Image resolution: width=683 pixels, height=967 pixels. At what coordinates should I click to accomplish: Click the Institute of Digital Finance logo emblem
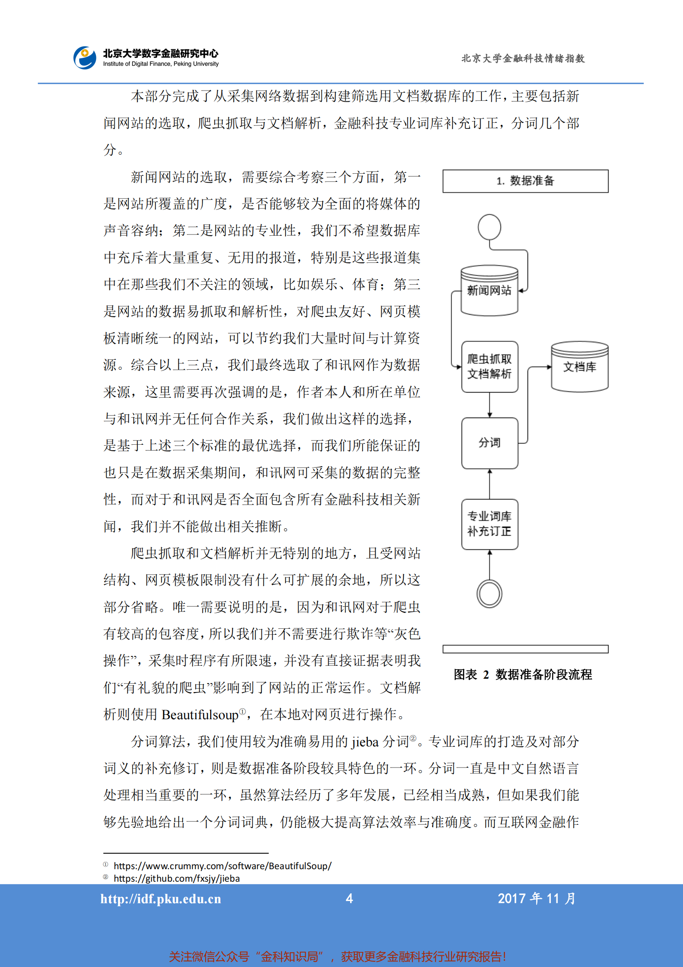point(85,58)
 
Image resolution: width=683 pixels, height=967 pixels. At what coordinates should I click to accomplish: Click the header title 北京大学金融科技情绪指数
point(523,58)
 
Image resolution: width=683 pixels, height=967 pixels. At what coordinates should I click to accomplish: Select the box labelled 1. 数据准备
point(525,181)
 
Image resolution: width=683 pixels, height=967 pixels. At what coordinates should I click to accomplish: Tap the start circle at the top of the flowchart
point(489,227)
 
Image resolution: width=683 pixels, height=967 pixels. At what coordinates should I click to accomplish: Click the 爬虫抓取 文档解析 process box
point(489,366)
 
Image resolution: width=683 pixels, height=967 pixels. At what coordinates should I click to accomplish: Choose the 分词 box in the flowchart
point(489,443)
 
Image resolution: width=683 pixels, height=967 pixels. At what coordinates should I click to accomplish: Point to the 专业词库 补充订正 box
point(489,524)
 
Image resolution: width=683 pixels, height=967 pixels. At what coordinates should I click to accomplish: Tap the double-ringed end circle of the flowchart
point(489,593)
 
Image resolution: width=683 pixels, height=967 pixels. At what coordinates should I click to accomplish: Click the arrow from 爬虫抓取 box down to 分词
point(489,405)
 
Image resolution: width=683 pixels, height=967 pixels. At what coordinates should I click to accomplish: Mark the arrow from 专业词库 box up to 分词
point(489,483)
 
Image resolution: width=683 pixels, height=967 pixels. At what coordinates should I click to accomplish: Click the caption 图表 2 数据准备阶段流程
point(523,674)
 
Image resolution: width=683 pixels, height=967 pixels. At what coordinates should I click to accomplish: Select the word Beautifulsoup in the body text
point(200,715)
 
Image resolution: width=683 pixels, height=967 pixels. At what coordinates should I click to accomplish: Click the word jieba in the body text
point(365,742)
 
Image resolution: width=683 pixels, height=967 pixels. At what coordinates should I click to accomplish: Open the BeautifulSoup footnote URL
point(222,866)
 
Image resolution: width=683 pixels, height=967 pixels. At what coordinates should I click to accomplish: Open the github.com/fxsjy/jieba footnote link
point(177,878)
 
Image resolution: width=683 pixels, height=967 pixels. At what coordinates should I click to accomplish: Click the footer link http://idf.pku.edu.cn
point(161,899)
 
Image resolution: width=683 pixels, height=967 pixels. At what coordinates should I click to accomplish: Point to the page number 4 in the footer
point(349,898)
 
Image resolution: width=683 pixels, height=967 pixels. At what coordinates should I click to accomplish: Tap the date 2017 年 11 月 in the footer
point(536,898)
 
